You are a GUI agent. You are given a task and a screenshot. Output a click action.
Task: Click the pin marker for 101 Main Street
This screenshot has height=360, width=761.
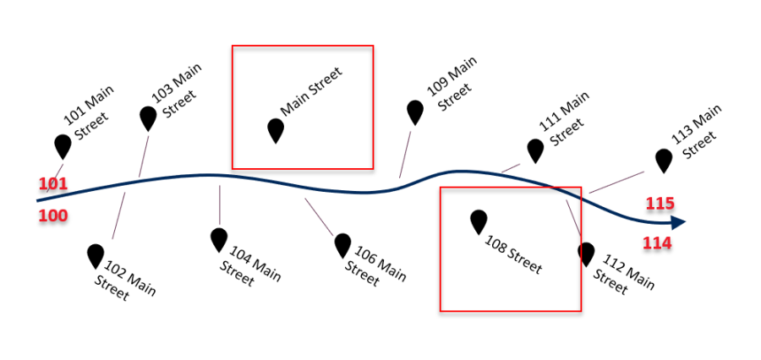point(63,145)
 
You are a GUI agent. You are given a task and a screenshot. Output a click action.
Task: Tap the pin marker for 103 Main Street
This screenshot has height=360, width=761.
point(148,117)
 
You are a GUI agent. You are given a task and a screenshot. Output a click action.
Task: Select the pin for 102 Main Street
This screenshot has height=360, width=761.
point(96,255)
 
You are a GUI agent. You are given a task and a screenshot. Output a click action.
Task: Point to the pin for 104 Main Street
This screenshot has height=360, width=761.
point(220,239)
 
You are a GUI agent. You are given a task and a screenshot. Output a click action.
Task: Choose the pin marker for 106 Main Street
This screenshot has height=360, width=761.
point(342,245)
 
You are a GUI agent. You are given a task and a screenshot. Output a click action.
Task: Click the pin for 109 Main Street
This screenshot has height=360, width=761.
point(414,112)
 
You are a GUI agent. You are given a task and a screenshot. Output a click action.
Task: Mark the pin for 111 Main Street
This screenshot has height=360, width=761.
point(535,150)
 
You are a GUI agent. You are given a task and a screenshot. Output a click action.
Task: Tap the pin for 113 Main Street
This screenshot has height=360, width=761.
point(664,160)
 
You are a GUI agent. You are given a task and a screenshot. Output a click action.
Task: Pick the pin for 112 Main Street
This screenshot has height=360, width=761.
point(586,254)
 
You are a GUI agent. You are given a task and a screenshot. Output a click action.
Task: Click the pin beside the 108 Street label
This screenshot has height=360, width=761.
point(479,221)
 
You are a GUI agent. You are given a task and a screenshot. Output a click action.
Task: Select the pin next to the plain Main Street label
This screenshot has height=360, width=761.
point(276,130)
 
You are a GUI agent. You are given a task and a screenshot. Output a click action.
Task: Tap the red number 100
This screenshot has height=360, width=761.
point(52,216)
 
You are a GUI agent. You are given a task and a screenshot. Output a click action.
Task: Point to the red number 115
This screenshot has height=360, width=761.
point(660,204)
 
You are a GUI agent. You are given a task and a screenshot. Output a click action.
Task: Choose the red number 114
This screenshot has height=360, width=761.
point(657,244)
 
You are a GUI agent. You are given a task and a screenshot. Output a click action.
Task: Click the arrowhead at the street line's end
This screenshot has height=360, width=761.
point(676,223)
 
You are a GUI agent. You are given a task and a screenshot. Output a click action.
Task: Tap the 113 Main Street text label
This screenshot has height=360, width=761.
point(698,131)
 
